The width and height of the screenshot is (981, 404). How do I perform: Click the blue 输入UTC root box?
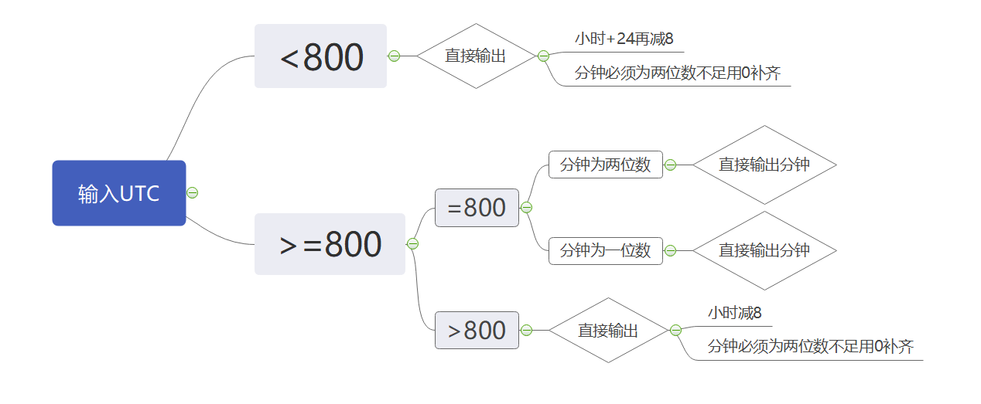[119, 193]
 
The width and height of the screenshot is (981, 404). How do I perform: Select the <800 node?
[320, 56]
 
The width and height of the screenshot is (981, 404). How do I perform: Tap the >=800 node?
[330, 244]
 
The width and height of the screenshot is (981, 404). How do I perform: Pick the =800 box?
[477, 208]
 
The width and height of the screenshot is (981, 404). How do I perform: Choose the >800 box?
[477, 331]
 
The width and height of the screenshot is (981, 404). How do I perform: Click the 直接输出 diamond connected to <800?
[476, 56]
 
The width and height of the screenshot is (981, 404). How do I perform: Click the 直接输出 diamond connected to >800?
[609, 331]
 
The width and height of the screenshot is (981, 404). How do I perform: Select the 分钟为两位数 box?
[606, 165]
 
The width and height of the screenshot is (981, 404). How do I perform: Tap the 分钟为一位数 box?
[606, 251]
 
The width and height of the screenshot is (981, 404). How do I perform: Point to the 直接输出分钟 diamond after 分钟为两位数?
[764, 165]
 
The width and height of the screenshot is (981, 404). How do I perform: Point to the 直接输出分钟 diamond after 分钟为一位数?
[764, 250]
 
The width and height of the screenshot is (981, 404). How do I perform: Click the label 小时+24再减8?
[619, 38]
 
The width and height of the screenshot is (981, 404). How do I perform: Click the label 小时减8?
[735, 313]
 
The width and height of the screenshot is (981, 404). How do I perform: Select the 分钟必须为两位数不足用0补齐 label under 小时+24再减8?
[678, 74]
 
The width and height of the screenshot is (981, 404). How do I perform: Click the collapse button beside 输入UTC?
[193, 193]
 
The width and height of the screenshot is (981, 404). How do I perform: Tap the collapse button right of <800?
[394, 56]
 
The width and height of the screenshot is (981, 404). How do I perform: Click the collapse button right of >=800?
[412, 244]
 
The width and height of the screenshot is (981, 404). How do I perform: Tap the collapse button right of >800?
[526, 331]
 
